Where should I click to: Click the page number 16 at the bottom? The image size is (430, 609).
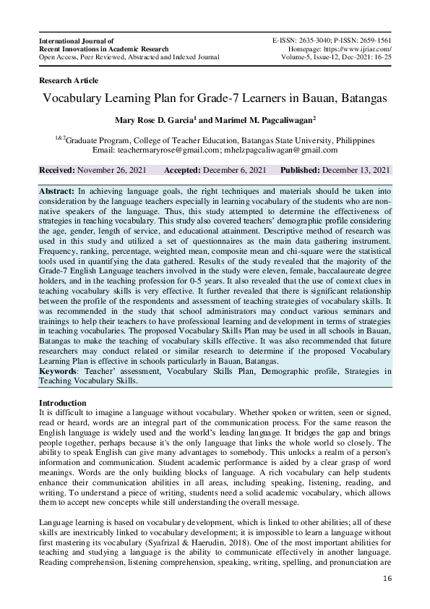pos(387,579)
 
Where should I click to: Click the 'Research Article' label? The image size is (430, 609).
pos(69,80)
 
